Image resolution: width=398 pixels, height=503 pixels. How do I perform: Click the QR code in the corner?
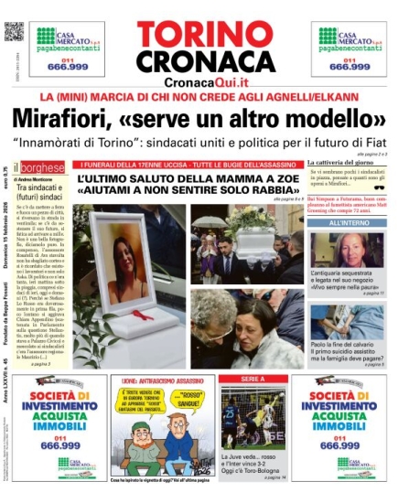click(12, 29)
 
